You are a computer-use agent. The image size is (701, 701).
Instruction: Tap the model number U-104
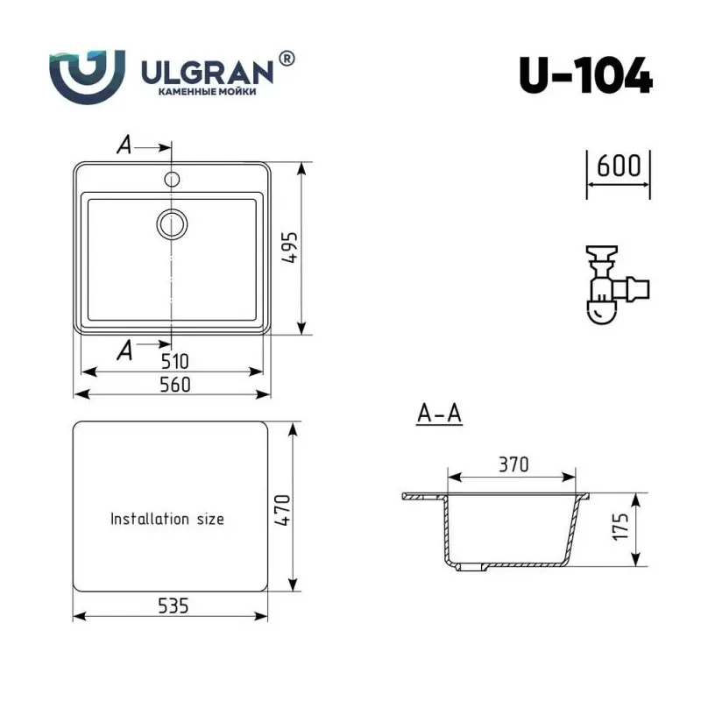click(585, 77)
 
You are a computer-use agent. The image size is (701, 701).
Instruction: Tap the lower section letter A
click(124, 350)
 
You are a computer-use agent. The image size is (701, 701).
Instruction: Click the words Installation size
click(166, 519)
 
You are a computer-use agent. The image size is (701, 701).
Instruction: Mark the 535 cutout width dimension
click(173, 605)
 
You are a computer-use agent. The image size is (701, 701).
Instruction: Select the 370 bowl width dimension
click(513, 465)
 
